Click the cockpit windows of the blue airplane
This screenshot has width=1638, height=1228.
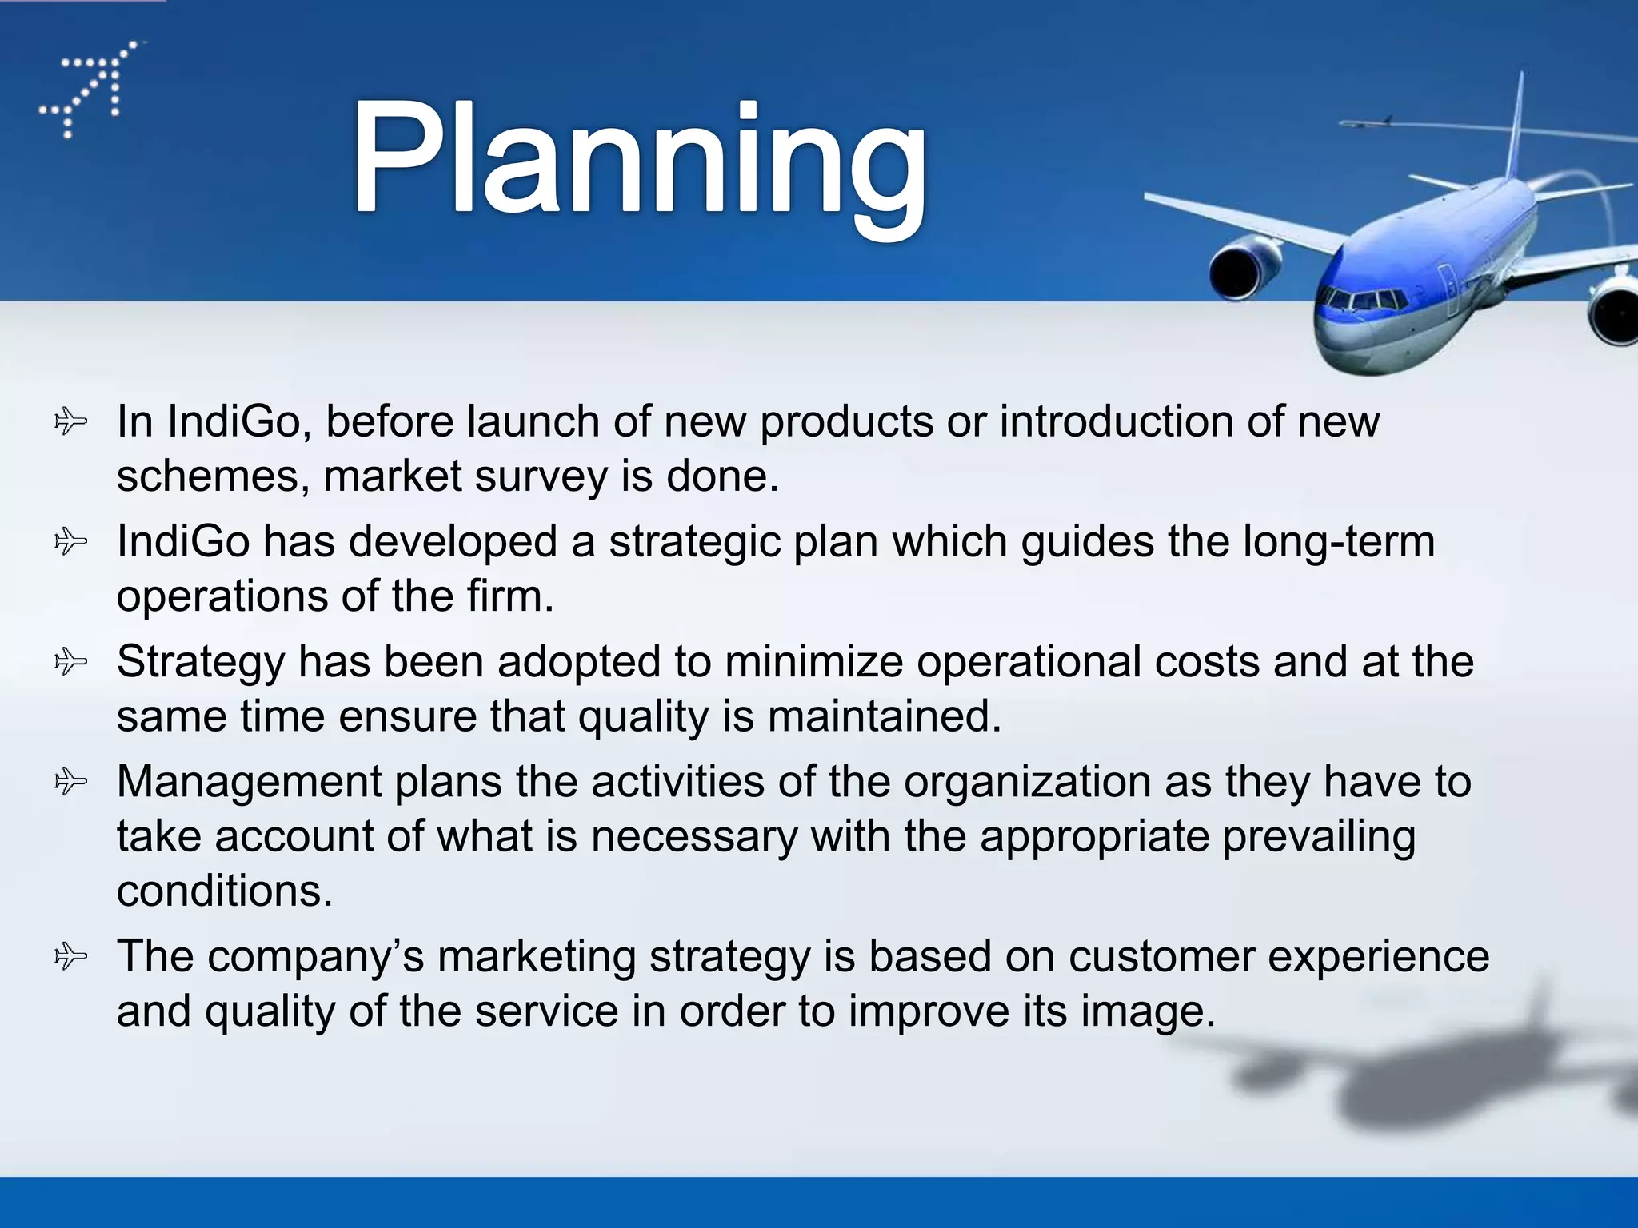click(x=1364, y=302)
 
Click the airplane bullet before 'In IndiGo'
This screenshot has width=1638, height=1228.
click(x=70, y=421)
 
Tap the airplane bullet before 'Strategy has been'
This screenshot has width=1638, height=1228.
click(x=70, y=662)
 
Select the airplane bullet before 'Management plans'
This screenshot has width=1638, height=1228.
click(x=70, y=781)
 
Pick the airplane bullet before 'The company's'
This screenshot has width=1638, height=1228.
click(x=70, y=956)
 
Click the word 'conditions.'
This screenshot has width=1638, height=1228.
click(x=225, y=891)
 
